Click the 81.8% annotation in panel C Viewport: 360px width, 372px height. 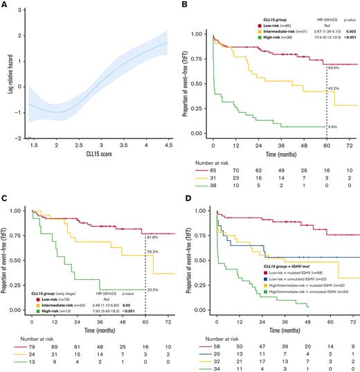(x=152, y=238)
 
